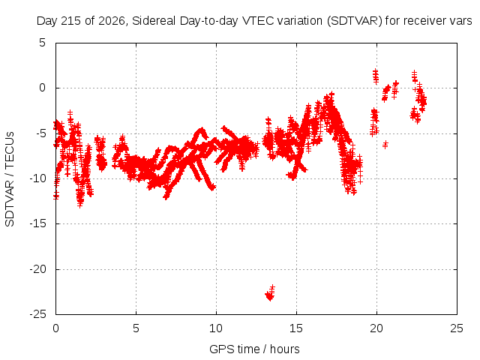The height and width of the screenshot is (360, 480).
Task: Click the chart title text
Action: (254, 21)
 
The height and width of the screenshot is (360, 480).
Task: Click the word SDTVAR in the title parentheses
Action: (354, 21)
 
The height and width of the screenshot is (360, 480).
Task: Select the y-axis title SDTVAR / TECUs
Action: (10, 179)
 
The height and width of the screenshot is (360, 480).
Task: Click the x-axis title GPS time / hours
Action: (254, 349)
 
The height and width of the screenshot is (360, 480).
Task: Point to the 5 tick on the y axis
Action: (42, 43)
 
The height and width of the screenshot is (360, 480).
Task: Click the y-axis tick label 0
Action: (42, 88)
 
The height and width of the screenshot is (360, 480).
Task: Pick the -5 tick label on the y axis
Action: (40, 133)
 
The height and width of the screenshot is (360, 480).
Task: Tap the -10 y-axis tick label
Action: (37, 178)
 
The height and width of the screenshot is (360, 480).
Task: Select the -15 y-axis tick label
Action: (37, 223)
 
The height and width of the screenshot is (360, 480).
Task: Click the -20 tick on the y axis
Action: (37, 269)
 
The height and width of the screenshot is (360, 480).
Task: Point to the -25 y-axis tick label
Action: (37, 314)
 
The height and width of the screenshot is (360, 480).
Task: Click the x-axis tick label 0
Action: (55, 328)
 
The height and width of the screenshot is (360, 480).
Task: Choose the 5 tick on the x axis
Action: (136, 328)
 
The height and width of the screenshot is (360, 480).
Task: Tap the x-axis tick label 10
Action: (216, 328)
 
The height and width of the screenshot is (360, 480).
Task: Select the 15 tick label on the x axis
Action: (296, 328)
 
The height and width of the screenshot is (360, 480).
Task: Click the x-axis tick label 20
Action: (376, 328)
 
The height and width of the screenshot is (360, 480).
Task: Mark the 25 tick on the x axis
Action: (457, 328)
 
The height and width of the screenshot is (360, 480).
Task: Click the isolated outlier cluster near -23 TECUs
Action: (270, 293)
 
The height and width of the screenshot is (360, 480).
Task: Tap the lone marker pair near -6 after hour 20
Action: (385, 144)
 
